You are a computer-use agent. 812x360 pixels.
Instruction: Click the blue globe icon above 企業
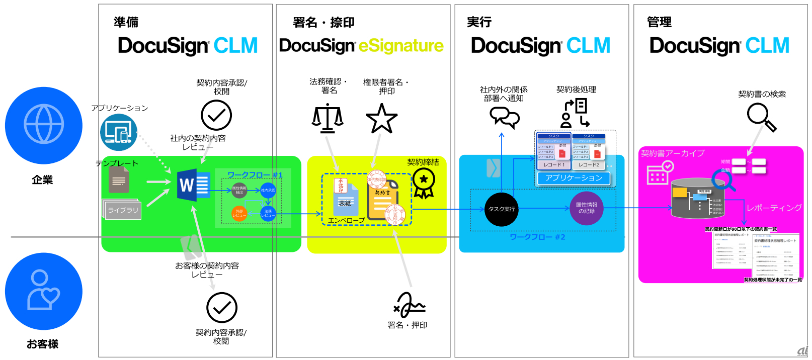click(x=44, y=125)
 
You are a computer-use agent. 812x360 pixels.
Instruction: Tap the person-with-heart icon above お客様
click(x=44, y=291)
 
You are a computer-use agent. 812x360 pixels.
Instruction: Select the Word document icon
click(x=193, y=185)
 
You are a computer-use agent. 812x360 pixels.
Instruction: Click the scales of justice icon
click(x=328, y=118)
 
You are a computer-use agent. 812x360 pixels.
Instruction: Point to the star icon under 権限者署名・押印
click(x=382, y=119)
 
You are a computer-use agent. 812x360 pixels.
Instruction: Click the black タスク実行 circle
click(x=502, y=209)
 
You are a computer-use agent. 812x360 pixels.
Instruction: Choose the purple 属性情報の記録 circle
click(x=587, y=208)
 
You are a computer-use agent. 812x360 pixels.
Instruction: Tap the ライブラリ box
click(x=123, y=210)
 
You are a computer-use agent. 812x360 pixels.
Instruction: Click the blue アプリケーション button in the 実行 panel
click(x=574, y=178)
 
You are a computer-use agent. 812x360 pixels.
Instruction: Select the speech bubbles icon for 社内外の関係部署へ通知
click(x=504, y=118)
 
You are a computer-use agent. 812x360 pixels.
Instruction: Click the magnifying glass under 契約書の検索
click(x=761, y=117)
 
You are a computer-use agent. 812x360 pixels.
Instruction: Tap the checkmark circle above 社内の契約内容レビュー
click(x=216, y=115)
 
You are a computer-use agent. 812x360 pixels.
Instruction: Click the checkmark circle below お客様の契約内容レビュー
click(x=222, y=307)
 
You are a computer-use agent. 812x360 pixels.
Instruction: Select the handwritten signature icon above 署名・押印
click(x=410, y=305)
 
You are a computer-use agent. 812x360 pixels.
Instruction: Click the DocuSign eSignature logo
click(x=361, y=46)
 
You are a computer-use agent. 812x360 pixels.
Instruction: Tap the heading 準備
click(x=126, y=22)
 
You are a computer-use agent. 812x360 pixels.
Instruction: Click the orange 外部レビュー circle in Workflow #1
click(x=239, y=213)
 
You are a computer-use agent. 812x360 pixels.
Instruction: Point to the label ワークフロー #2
click(x=537, y=237)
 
